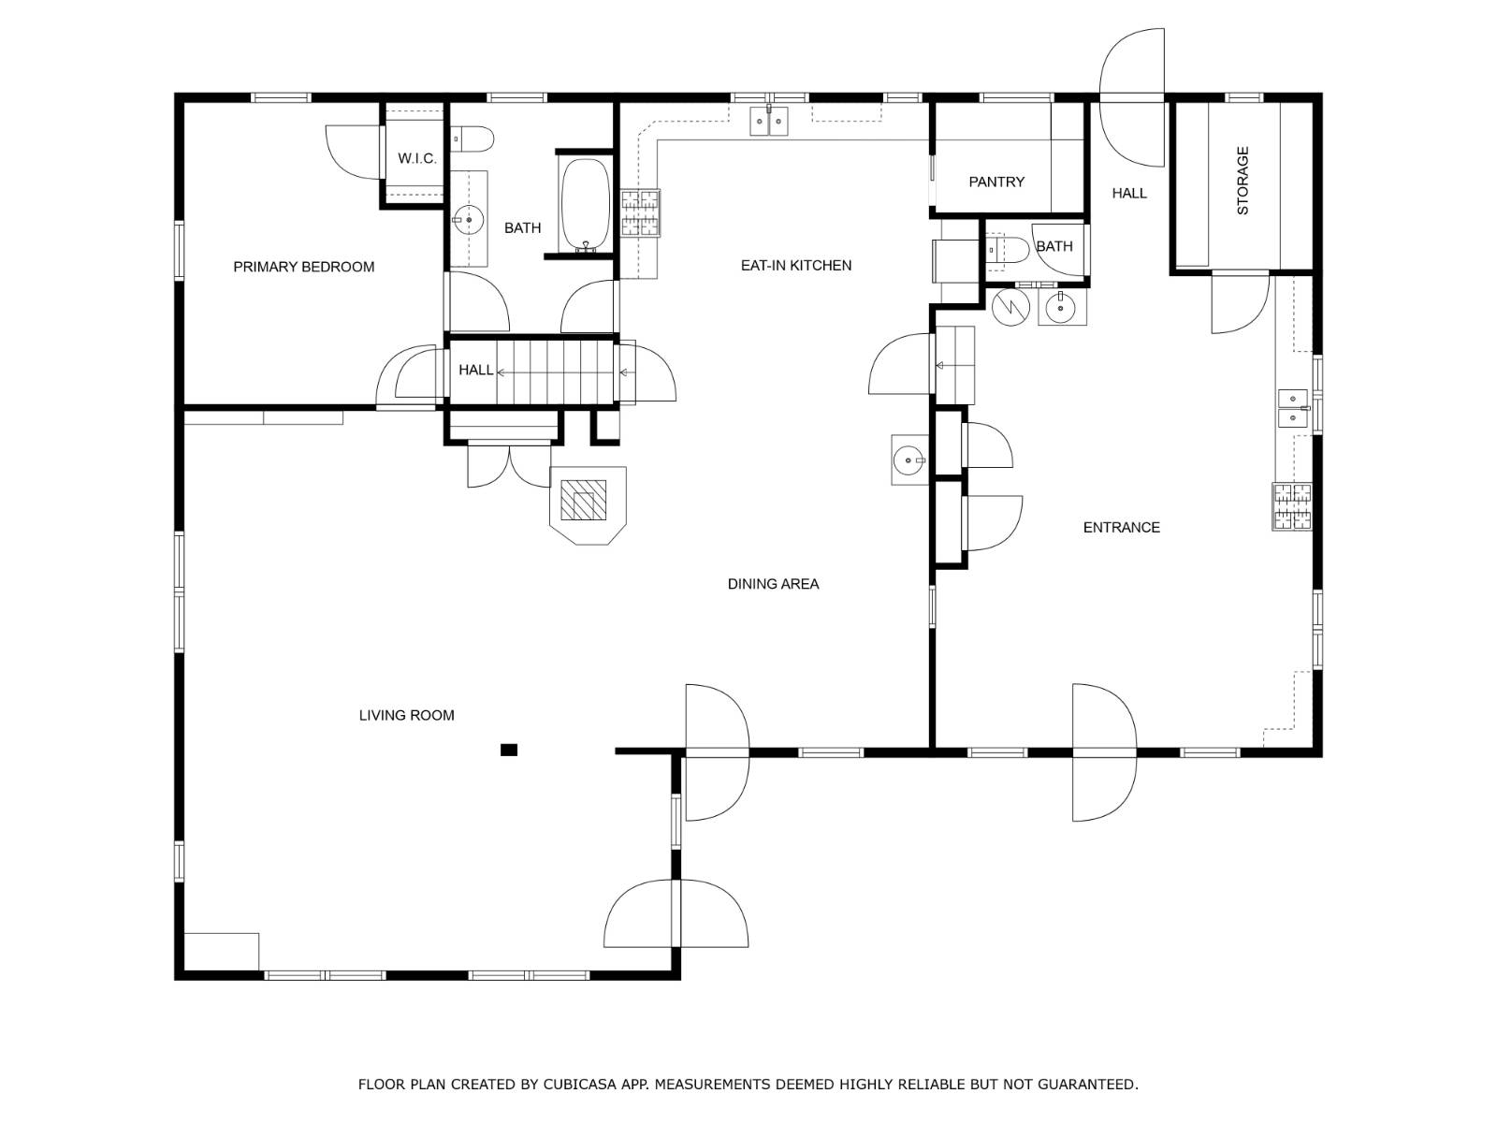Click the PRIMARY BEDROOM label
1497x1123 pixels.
click(x=303, y=268)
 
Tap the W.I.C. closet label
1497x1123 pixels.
click(x=416, y=159)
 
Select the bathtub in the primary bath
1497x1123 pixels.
click(x=585, y=205)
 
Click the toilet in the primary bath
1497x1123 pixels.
click(x=472, y=139)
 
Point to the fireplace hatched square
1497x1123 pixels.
click(x=583, y=500)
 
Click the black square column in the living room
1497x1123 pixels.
click(x=509, y=750)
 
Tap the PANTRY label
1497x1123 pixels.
click(x=996, y=182)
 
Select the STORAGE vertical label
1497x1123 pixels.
click(x=1243, y=181)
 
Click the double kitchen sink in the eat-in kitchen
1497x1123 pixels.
click(x=769, y=122)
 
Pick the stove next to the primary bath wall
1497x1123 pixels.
click(x=640, y=213)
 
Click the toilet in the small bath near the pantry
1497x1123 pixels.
click(x=1008, y=250)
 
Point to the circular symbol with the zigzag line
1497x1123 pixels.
click(x=1010, y=307)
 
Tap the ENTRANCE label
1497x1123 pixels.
click(x=1121, y=528)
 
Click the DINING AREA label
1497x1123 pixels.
click(x=773, y=584)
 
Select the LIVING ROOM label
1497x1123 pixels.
click(x=406, y=716)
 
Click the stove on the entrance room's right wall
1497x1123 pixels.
click(x=1292, y=506)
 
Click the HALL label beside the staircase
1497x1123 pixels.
click(x=475, y=371)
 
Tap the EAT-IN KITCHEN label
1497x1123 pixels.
click(x=796, y=266)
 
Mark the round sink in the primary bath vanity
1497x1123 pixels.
click(x=469, y=220)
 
